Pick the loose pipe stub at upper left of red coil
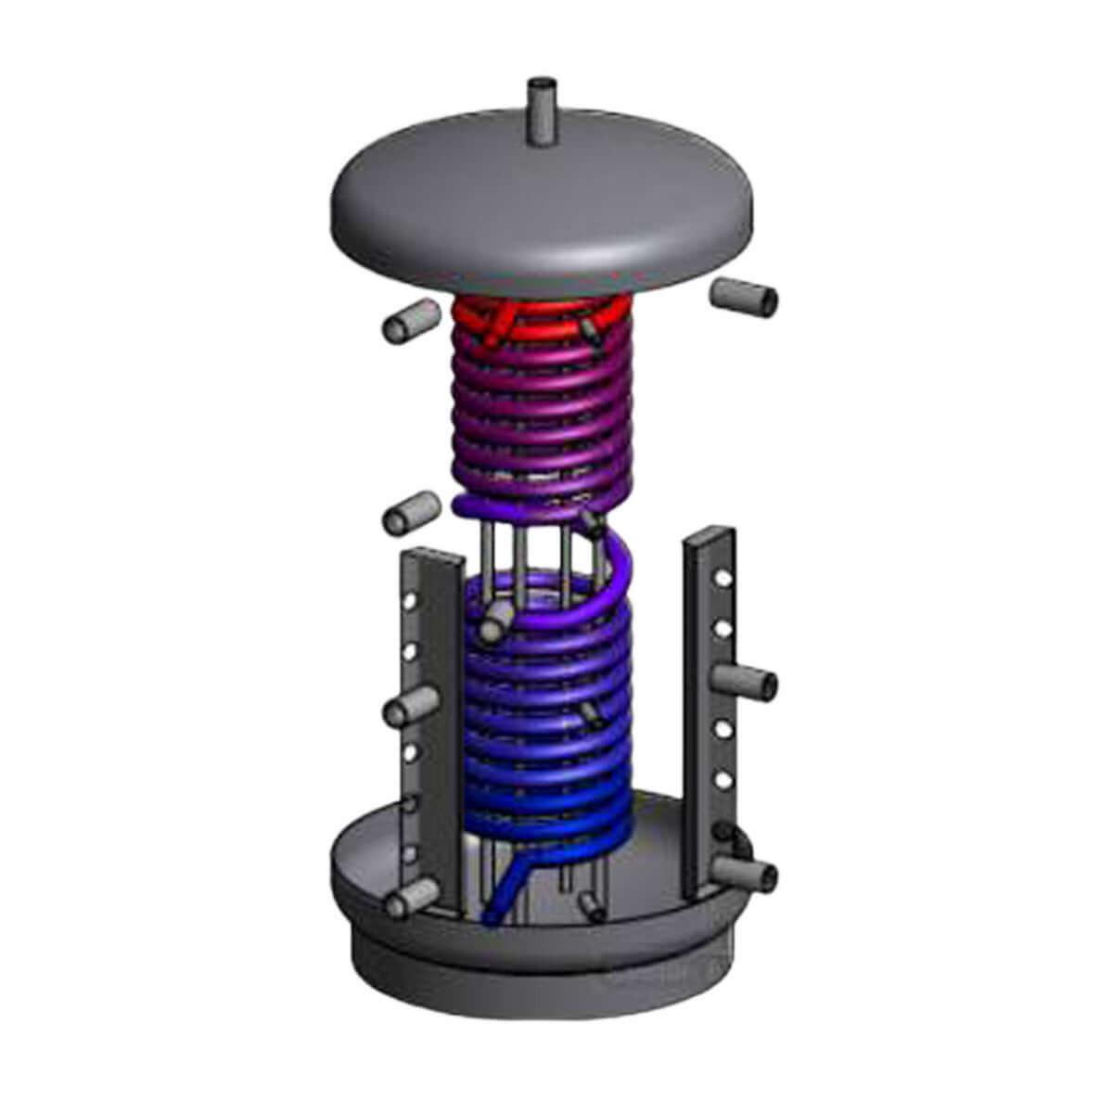pyautogui.click(x=409, y=324)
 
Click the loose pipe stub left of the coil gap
pyautogui.click(x=410, y=511)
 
